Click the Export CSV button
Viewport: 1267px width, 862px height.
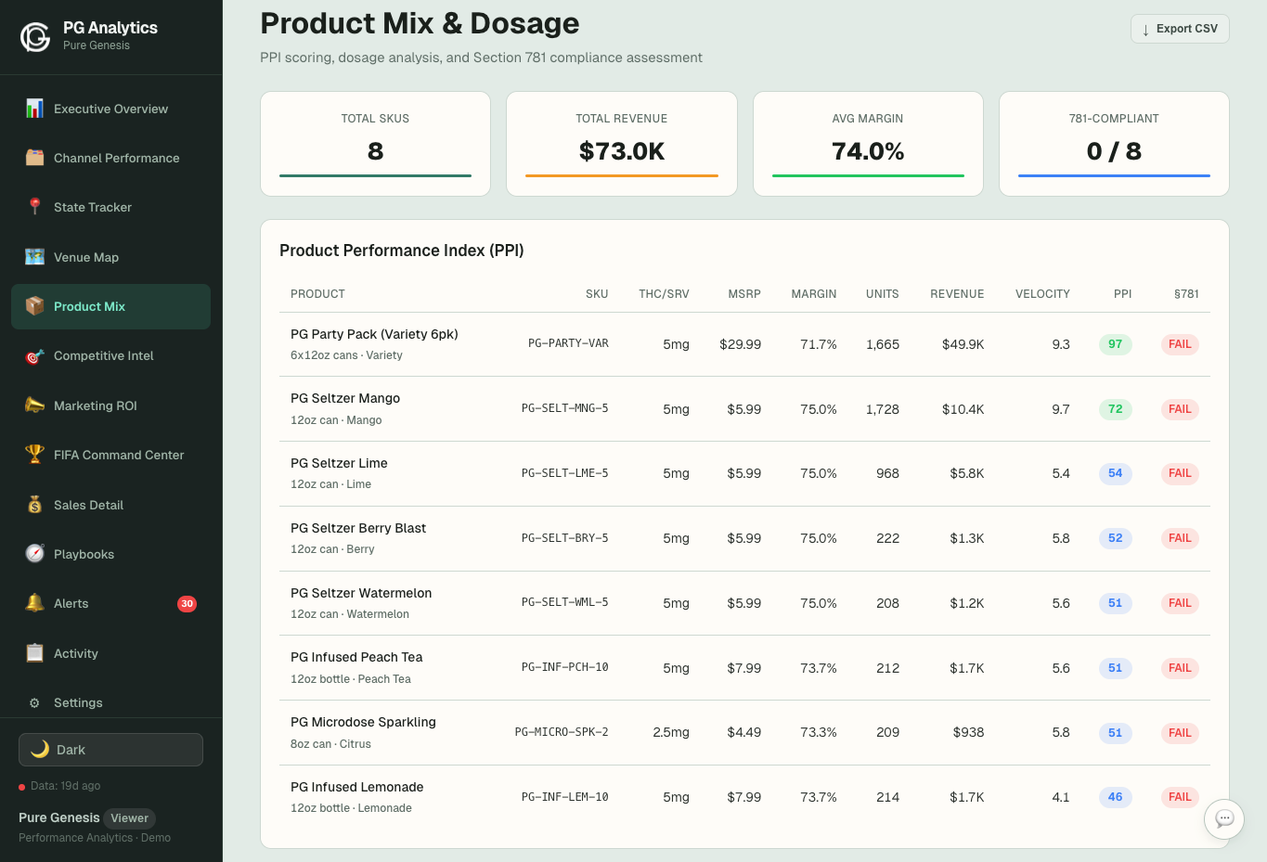point(1180,29)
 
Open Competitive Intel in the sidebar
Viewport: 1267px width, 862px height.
point(103,356)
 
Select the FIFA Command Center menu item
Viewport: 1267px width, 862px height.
point(118,455)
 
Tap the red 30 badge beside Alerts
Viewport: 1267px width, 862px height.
point(187,604)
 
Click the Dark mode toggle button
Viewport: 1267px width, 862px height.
point(110,750)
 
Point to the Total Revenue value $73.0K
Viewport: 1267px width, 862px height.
point(621,151)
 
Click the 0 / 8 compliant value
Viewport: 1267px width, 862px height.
point(1114,151)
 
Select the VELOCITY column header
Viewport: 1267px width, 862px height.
point(1041,294)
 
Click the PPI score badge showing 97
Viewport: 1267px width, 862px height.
point(1115,344)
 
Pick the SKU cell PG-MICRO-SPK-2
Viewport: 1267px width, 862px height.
point(562,732)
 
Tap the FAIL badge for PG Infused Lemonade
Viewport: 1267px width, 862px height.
point(1179,797)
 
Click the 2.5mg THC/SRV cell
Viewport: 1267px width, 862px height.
point(670,732)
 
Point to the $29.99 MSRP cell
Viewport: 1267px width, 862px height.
point(740,344)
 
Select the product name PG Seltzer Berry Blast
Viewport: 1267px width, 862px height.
point(358,528)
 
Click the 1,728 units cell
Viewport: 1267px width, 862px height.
point(882,409)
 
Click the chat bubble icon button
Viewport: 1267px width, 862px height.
point(1223,818)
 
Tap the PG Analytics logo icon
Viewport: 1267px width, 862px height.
point(35,36)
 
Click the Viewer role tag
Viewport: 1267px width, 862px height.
point(129,818)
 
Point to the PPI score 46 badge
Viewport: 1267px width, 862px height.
point(1115,797)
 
